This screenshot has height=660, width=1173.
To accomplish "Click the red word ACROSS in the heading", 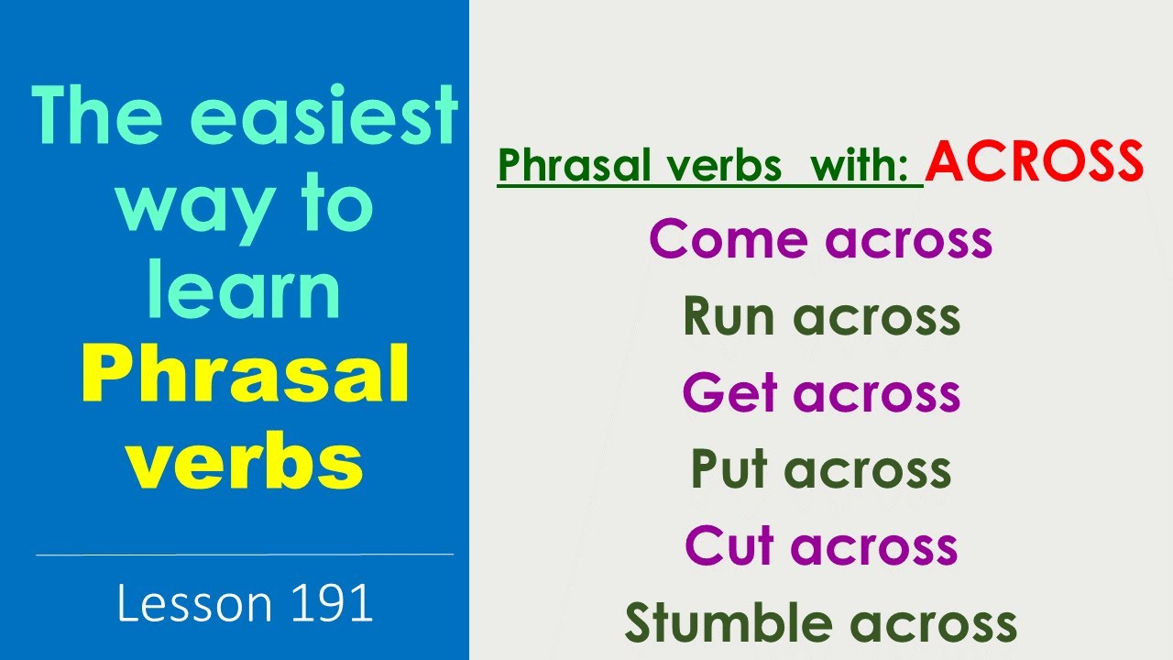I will [1035, 162].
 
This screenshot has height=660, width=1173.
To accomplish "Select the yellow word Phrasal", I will [245, 378].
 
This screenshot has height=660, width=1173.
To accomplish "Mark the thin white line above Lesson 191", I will [245, 554].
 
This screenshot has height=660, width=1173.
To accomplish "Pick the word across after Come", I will [909, 239].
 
